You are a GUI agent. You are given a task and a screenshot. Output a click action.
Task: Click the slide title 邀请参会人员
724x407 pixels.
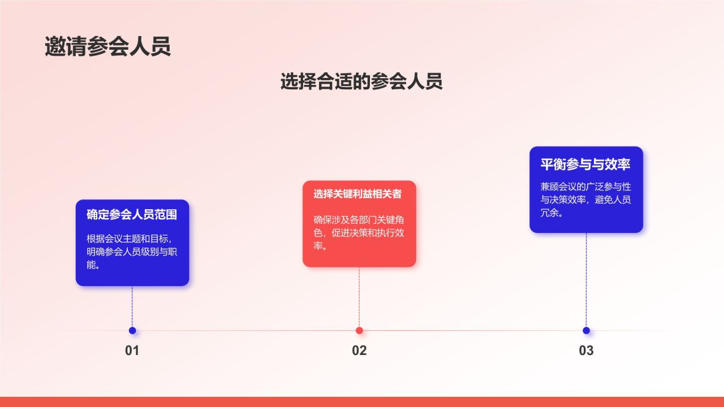tap(107, 46)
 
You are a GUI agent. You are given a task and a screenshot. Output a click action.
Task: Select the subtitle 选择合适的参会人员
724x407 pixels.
tap(361, 81)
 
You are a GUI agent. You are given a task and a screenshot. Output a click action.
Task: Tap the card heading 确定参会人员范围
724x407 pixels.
tap(132, 214)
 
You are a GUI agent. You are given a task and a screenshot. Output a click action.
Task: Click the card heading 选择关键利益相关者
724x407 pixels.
tap(357, 194)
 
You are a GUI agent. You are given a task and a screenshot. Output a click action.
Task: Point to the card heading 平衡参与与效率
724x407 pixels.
tap(585, 164)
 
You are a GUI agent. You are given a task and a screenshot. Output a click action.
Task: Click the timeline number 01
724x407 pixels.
tap(132, 350)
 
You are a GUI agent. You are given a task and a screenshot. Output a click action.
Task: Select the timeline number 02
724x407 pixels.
tap(359, 350)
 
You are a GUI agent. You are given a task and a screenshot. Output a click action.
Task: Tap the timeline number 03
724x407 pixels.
tap(587, 350)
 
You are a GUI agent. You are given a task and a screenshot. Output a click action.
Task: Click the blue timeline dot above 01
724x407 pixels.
tap(132, 331)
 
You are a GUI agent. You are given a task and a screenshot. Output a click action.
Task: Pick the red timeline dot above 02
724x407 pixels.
tap(359, 331)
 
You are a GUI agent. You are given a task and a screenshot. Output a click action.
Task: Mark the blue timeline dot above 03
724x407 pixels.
tap(587, 331)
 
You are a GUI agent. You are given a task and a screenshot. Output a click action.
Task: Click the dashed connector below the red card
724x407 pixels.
tap(359, 297)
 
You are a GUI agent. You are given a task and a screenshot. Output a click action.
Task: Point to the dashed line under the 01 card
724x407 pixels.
tap(132, 306)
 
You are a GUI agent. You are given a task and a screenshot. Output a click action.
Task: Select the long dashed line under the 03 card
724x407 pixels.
tap(587, 280)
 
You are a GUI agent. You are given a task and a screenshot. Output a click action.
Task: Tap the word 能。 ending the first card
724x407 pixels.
tap(93, 265)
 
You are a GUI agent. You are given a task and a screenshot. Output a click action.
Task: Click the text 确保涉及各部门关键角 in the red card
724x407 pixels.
tap(359, 220)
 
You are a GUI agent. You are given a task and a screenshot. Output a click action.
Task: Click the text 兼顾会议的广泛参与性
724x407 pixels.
tap(585, 187)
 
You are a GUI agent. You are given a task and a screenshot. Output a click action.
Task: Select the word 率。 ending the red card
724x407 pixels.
tap(320, 246)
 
